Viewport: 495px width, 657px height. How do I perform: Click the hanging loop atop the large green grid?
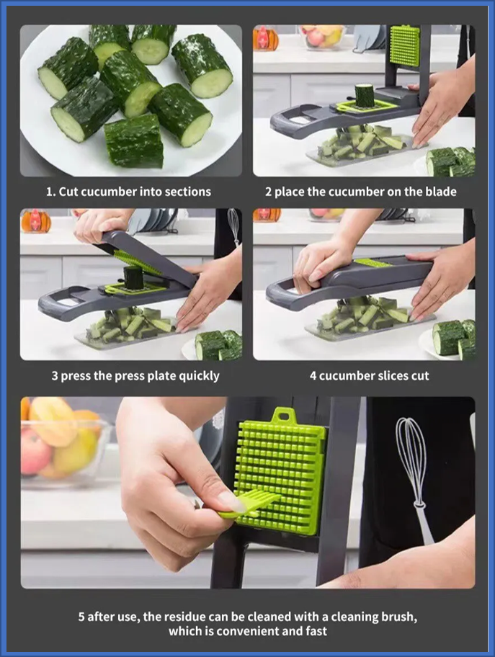(286, 416)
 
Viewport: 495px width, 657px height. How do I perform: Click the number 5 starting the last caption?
(82, 617)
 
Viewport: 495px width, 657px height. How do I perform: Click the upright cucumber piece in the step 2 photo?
(365, 95)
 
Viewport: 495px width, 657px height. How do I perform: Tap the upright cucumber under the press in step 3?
(135, 277)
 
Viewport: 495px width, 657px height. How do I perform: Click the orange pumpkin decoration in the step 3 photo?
(35, 222)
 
